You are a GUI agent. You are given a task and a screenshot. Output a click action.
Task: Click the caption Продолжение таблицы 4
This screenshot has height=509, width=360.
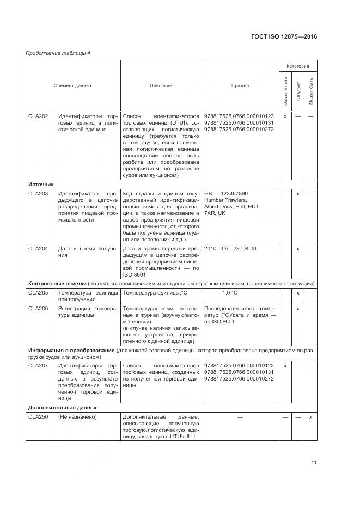tap(51, 53)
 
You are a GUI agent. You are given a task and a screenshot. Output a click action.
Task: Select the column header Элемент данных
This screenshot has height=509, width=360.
tap(73, 85)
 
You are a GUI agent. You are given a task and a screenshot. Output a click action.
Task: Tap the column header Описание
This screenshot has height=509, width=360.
tap(161, 85)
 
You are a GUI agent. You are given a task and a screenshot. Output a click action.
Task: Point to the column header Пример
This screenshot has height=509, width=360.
tap(240, 85)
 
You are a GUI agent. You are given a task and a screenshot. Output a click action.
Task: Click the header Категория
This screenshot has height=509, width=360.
tap(298, 66)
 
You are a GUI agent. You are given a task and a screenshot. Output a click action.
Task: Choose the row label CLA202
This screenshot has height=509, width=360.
tap(38, 116)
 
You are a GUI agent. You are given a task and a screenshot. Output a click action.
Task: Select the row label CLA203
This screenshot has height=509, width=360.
tap(38, 193)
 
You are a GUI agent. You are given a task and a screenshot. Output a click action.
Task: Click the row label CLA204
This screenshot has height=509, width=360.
tap(38, 248)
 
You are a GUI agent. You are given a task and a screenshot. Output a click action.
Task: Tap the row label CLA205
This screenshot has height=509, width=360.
tap(38, 293)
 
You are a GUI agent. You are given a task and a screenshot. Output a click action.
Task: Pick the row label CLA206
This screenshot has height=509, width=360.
tap(38, 309)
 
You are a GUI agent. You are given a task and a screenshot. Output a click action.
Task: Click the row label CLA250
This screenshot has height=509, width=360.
tap(38, 416)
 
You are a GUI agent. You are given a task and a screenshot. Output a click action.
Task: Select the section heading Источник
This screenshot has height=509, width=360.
tap(41, 184)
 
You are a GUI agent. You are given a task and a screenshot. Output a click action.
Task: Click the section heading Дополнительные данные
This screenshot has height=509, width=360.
tap(63, 407)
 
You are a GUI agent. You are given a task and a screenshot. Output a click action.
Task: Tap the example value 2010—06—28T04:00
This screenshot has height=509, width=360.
tap(230, 248)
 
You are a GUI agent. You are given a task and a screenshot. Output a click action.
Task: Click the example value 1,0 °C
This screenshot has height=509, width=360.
tap(230, 293)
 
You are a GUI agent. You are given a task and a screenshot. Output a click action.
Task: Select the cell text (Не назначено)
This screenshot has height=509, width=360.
tap(77, 416)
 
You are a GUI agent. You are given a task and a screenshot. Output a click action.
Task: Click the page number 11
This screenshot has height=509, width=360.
tap(314, 463)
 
